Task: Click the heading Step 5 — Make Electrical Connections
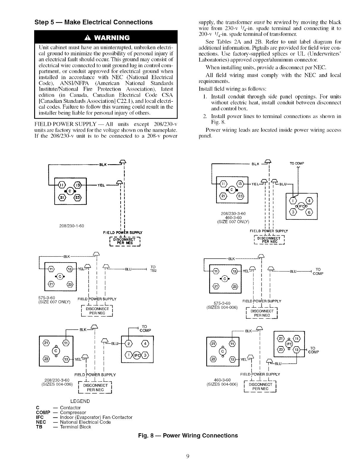pos(94,22)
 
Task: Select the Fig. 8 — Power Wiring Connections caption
pos(188,436)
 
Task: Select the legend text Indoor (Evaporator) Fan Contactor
pos(96,417)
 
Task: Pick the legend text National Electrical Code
pos(85,422)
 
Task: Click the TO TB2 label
pos(153,268)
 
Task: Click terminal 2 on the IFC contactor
pos(130,344)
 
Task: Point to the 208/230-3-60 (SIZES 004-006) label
pos(57,382)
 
